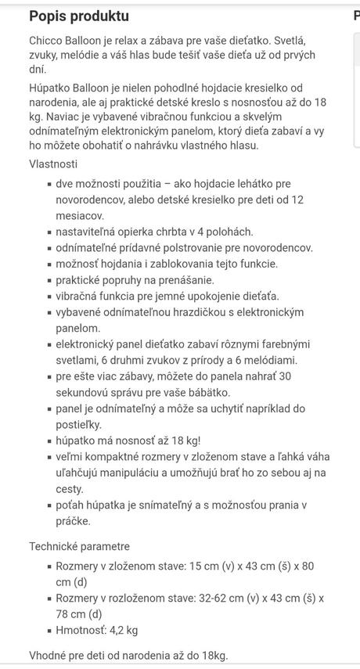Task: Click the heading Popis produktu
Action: [x=79, y=16]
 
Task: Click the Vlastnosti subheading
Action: [x=53, y=164]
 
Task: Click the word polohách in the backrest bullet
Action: [x=231, y=232]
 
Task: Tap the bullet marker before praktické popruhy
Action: [x=49, y=280]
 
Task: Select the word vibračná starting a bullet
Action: [x=78, y=296]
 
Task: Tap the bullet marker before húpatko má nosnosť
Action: [x=49, y=441]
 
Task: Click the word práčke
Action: [x=73, y=520]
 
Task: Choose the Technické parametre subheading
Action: [x=79, y=546]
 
